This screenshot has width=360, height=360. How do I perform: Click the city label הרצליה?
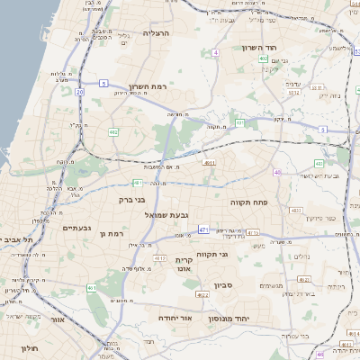(x=156, y=33)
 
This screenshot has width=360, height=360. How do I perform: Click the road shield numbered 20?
(x=79, y=92)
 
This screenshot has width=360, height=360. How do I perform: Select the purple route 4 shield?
(x=216, y=53)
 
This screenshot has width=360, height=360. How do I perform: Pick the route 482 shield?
(x=113, y=132)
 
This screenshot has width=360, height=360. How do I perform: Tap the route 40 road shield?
(x=277, y=173)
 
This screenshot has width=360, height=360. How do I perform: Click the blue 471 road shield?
(x=203, y=229)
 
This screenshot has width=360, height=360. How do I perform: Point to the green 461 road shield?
(x=91, y=288)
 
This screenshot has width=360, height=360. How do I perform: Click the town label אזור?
(x=58, y=319)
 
